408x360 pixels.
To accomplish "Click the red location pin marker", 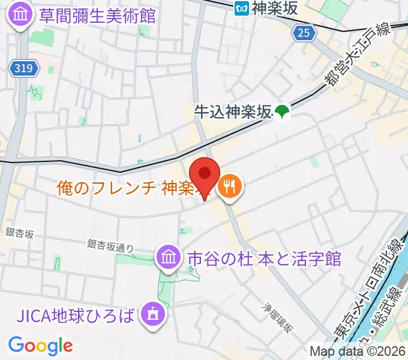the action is coord(205,176).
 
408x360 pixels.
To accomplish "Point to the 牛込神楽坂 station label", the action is coord(233,111).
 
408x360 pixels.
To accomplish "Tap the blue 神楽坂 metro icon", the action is coord(242,8).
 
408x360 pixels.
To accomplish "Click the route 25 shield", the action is coord(304,34).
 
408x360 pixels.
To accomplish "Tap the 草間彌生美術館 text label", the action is coord(97,15).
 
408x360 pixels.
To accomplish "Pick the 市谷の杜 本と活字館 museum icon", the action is coord(169,258).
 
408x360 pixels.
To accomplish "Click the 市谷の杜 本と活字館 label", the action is coord(264,259).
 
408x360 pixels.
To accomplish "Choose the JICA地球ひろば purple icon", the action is coord(151,313).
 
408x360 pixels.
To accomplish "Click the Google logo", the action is coord(40,346).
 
